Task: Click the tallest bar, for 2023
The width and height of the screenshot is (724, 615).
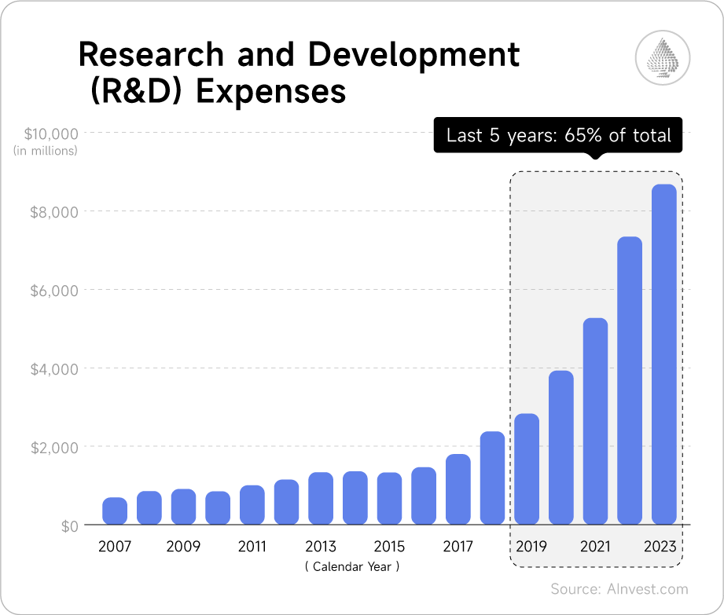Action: click(x=664, y=354)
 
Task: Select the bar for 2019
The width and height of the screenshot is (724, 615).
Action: click(x=527, y=469)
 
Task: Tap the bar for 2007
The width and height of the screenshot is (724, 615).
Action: click(x=115, y=511)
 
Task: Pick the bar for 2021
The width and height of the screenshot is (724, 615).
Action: click(x=595, y=421)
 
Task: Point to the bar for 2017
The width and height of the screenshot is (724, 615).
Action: click(x=458, y=489)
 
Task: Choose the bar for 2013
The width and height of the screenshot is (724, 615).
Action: click(x=321, y=498)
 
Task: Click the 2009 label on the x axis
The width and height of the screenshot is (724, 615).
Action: click(x=183, y=547)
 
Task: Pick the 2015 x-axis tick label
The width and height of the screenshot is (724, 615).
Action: click(x=389, y=547)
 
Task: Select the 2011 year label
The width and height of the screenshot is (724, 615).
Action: click(x=252, y=547)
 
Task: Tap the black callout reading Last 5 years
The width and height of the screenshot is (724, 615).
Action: click(x=558, y=135)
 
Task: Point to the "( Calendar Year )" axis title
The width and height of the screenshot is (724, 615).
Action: click(x=352, y=566)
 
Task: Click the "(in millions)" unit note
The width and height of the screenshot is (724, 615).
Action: click(x=46, y=150)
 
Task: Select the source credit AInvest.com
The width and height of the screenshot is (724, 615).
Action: click(x=619, y=589)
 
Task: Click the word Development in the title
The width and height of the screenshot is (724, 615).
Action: click(x=413, y=55)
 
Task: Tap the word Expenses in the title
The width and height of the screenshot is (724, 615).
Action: click(x=270, y=92)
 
